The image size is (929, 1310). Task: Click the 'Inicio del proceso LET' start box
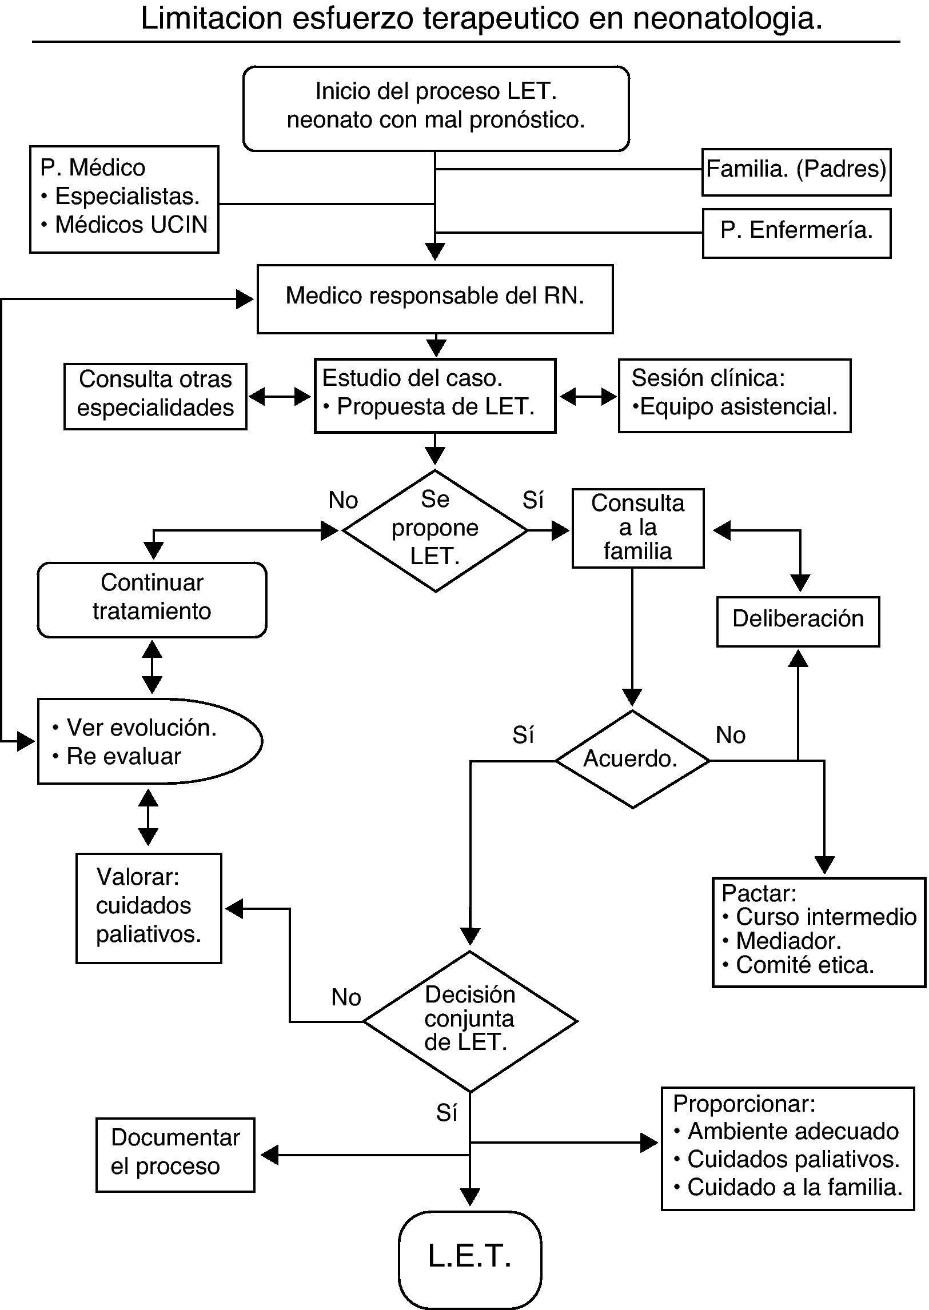click(436, 108)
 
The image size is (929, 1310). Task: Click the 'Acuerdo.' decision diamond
click(632, 760)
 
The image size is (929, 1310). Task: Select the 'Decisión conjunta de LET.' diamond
click(470, 1021)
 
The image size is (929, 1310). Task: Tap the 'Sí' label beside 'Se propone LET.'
click(533, 501)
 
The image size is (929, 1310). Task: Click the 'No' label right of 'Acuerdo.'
click(731, 736)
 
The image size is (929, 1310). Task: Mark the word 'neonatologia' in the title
click(727, 18)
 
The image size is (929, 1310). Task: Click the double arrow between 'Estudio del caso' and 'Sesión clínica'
click(588, 396)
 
